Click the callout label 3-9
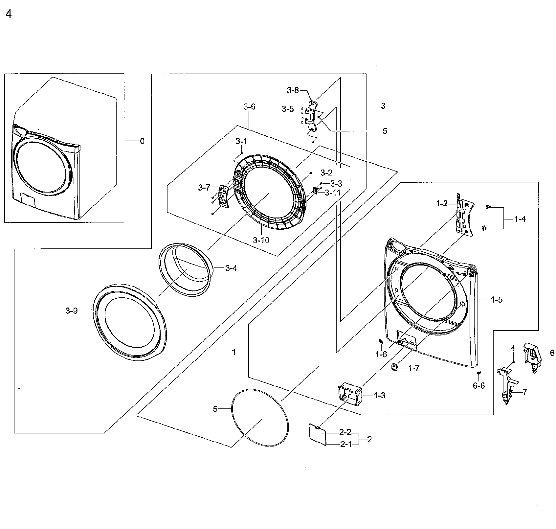click(x=72, y=310)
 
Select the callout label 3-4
click(x=231, y=268)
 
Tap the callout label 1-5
click(x=497, y=300)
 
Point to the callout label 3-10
click(x=261, y=240)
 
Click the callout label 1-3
click(x=379, y=396)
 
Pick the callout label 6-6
click(x=479, y=386)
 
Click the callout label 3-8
click(x=293, y=90)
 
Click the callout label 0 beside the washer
click(x=142, y=141)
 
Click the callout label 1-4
click(x=520, y=219)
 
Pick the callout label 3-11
click(x=333, y=193)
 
